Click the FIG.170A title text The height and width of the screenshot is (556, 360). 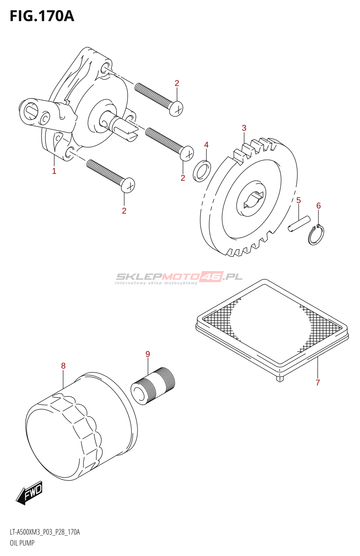pyautogui.click(x=42, y=16)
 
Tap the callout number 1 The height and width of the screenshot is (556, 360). pyautogui.click(x=54, y=171)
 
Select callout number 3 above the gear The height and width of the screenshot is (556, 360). pyautogui.click(x=244, y=128)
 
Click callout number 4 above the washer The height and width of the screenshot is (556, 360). pyautogui.click(x=206, y=145)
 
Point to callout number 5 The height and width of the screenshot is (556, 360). pyautogui.click(x=298, y=201)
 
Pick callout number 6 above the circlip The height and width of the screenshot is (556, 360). pyautogui.click(x=319, y=206)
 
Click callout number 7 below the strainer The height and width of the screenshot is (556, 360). pyautogui.click(x=318, y=383)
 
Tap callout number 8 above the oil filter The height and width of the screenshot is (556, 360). pyautogui.click(x=63, y=366)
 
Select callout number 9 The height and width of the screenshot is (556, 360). pyautogui.click(x=148, y=354)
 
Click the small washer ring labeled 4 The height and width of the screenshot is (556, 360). pyautogui.click(x=202, y=171)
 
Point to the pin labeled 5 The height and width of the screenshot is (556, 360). pyautogui.click(x=299, y=223)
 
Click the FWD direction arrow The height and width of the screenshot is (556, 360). pyautogui.click(x=30, y=492)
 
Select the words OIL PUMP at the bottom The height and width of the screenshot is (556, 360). pyautogui.click(x=22, y=543)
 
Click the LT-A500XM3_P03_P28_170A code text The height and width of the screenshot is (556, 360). pyautogui.click(x=45, y=532)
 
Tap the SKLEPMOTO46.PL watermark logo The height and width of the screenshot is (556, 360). pyautogui.click(x=179, y=277)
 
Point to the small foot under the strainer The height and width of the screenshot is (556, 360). pyautogui.click(x=280, y=379)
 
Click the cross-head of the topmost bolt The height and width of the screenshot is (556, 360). pyautogui.click(x=177, y=109)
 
